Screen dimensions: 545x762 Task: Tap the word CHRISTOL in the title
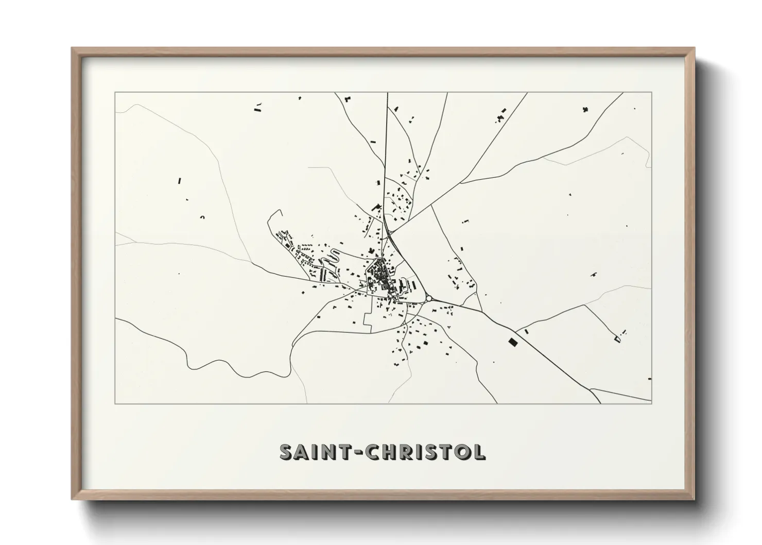[x=425, y=452]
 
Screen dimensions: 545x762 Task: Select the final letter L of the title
[x=478, y=452]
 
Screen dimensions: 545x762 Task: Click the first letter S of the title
[x=286, y=452]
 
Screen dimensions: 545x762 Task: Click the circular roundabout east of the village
[x=428, y=298]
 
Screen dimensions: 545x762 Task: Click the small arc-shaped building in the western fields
[x=202, y=217]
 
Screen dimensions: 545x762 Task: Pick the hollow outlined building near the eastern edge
[x=618, y=338]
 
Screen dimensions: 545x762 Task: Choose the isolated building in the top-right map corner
[x=585, y=109]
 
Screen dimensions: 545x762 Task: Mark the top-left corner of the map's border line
[x=115, y=93]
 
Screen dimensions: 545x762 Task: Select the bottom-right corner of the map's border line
[x=651, y=403]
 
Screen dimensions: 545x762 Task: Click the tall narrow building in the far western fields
[x=180, y=181]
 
